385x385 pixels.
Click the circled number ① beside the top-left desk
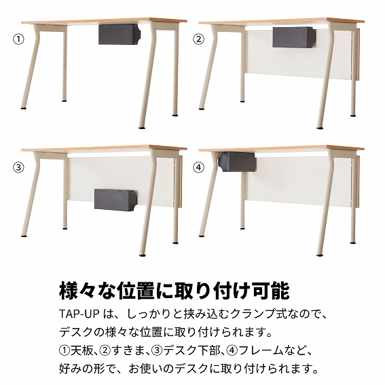[x=18, y=39]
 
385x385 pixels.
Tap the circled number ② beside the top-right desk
[x=199, y=39]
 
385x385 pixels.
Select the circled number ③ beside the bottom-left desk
[x=18, y=168]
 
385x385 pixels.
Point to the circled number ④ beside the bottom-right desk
[x=199, y=168]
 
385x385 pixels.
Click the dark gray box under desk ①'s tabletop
[x=120, y=34]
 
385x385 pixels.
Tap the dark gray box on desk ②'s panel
[x=294, y=37]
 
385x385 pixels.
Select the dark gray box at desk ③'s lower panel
[x=115, y=200]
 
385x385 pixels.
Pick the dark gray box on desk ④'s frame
[x=237, y=162]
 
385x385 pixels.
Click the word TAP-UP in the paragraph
[x=79, y=314]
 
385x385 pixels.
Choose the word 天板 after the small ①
[x=82, y=350]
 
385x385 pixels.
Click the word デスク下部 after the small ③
[x=191, y=350]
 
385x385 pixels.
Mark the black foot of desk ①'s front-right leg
[x=142, y=128]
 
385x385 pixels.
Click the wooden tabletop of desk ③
[x=104, y=148]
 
